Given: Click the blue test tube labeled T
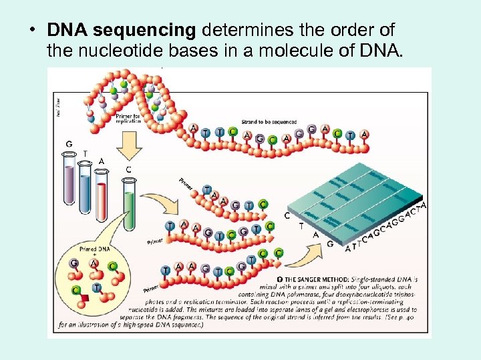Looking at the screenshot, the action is click(85, 183).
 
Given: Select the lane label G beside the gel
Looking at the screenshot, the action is click(329, 243).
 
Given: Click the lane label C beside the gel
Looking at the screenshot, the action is click(287, 215).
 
